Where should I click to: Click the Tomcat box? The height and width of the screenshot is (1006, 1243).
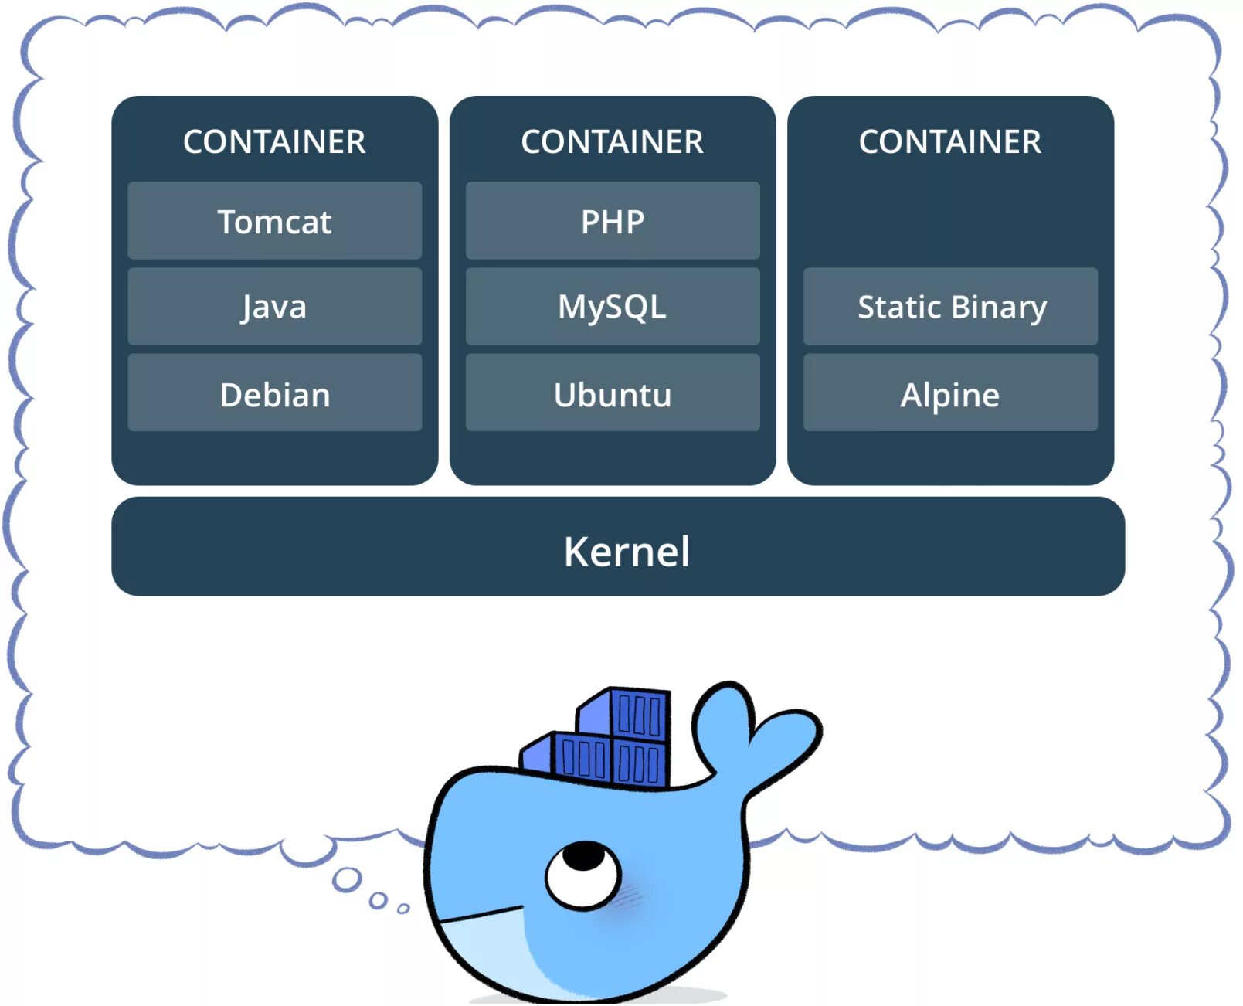tap(274, 221)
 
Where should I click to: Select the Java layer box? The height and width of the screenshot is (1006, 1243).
tap(274, 307)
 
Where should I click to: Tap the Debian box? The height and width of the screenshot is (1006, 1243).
tap(274, 393)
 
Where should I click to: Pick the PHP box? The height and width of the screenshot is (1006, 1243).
tap(612, 221)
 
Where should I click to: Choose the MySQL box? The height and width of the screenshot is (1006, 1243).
tap(612, 307)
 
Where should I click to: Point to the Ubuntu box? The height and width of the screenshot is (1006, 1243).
tap(612, 393)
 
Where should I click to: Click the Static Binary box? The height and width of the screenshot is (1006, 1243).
tap(950, 307)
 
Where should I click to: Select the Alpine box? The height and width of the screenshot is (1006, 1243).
tap(950, 393)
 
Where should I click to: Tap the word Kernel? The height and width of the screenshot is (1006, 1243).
tap(627, 552)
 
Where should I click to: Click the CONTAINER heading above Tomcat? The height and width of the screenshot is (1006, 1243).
tap(274, 142)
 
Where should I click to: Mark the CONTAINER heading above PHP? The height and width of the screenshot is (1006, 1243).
tap(612, 142)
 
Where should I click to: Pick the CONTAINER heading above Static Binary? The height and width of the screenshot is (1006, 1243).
tap(950, 142)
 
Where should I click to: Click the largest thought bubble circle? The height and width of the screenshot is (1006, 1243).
tap(347, 879)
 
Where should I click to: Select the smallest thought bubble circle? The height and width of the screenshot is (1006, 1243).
tap(402, 908)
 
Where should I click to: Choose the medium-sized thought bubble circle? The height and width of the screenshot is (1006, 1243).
tap(378, 899)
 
